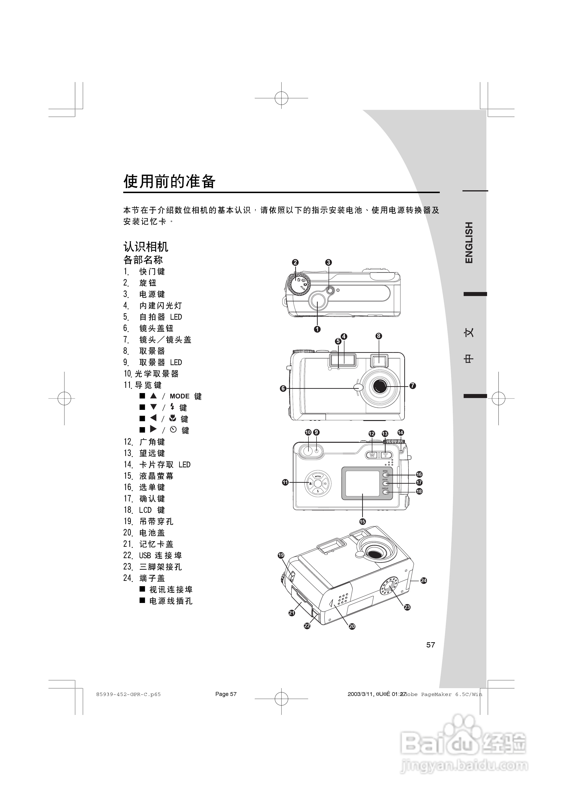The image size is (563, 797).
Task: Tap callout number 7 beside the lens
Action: (x=412, y=386)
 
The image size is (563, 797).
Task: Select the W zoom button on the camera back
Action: (x=372, y=455)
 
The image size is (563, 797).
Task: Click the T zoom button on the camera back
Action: (x=385, y=455)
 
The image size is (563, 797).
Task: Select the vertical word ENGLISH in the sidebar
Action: (x=469, y=243)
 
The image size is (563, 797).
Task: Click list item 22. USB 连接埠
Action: (x=153, y=555)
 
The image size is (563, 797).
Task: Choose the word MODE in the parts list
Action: (x=180, y=396)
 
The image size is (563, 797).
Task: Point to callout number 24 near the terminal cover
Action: (x=423, y=580)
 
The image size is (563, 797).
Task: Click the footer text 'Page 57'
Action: (x=226, y=694)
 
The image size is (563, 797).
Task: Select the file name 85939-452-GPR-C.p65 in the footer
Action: (x=128, y=694)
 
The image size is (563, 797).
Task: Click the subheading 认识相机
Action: (x=146, y=247)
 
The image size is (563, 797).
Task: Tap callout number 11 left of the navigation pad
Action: (x=285, y=482)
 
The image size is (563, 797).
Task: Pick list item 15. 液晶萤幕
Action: (x=149, y=476)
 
